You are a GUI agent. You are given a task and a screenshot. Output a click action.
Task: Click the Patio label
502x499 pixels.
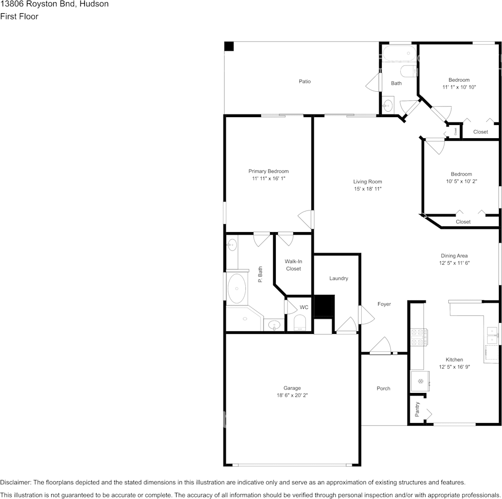pos(305,81)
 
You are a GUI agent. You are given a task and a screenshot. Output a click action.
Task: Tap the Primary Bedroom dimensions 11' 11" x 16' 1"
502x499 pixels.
pos(268,178)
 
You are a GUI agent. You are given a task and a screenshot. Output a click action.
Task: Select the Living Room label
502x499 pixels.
pos(368,181)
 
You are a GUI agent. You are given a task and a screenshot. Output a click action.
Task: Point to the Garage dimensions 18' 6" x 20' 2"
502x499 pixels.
pos(292,395)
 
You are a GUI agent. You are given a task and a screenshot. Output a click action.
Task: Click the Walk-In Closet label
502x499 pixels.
pos(293,265)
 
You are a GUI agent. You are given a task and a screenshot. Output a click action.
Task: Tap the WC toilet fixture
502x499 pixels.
pos(300,322)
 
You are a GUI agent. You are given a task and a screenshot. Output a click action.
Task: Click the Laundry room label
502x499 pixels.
pos(339,279)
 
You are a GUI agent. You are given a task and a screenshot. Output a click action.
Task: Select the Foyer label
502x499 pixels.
pos(384,304)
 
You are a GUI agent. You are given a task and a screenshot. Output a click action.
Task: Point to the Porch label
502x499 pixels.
pos(383,389)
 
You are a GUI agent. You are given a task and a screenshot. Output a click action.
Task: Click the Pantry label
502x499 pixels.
pos(417,409)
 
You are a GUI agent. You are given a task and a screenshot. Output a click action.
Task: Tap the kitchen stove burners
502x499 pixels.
pos(419,338)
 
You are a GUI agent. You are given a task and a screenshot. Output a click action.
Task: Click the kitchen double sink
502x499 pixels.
pos(492,335)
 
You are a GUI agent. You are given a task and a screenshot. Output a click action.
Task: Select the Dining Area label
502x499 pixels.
pos(454,256)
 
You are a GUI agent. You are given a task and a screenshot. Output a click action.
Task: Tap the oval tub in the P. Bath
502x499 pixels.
pos(237,288)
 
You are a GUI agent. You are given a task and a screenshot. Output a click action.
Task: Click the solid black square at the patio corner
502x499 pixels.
pos(229,46)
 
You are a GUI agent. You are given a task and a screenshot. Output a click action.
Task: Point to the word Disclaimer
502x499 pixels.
pos(15,482)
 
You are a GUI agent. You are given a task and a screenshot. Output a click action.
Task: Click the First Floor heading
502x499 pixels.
pos(19,16)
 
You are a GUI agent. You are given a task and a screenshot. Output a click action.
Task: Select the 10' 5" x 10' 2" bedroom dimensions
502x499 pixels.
pos(461,181)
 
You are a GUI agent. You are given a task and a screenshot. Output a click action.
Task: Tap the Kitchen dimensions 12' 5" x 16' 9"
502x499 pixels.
pos(455,367)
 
